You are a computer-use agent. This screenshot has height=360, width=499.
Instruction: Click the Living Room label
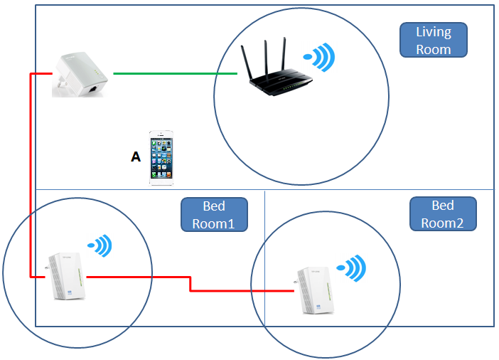point(433,41)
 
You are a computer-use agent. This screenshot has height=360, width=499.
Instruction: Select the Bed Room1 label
point(214,214)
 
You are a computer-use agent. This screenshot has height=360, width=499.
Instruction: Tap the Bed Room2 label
point(442,213)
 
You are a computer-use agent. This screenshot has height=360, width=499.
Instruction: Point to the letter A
point(136,157)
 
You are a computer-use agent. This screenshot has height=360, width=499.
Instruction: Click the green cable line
point(174,73)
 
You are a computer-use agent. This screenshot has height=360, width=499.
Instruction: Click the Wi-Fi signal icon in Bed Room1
point(101,246)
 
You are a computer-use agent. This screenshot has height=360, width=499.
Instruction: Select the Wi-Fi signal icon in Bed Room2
point(353,269)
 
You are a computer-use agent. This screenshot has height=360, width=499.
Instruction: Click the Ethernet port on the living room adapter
point(92,89)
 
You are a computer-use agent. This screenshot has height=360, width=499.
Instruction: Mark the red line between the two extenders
point(190,284)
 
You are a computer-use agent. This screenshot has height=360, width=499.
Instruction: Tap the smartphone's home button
point(161,181)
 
